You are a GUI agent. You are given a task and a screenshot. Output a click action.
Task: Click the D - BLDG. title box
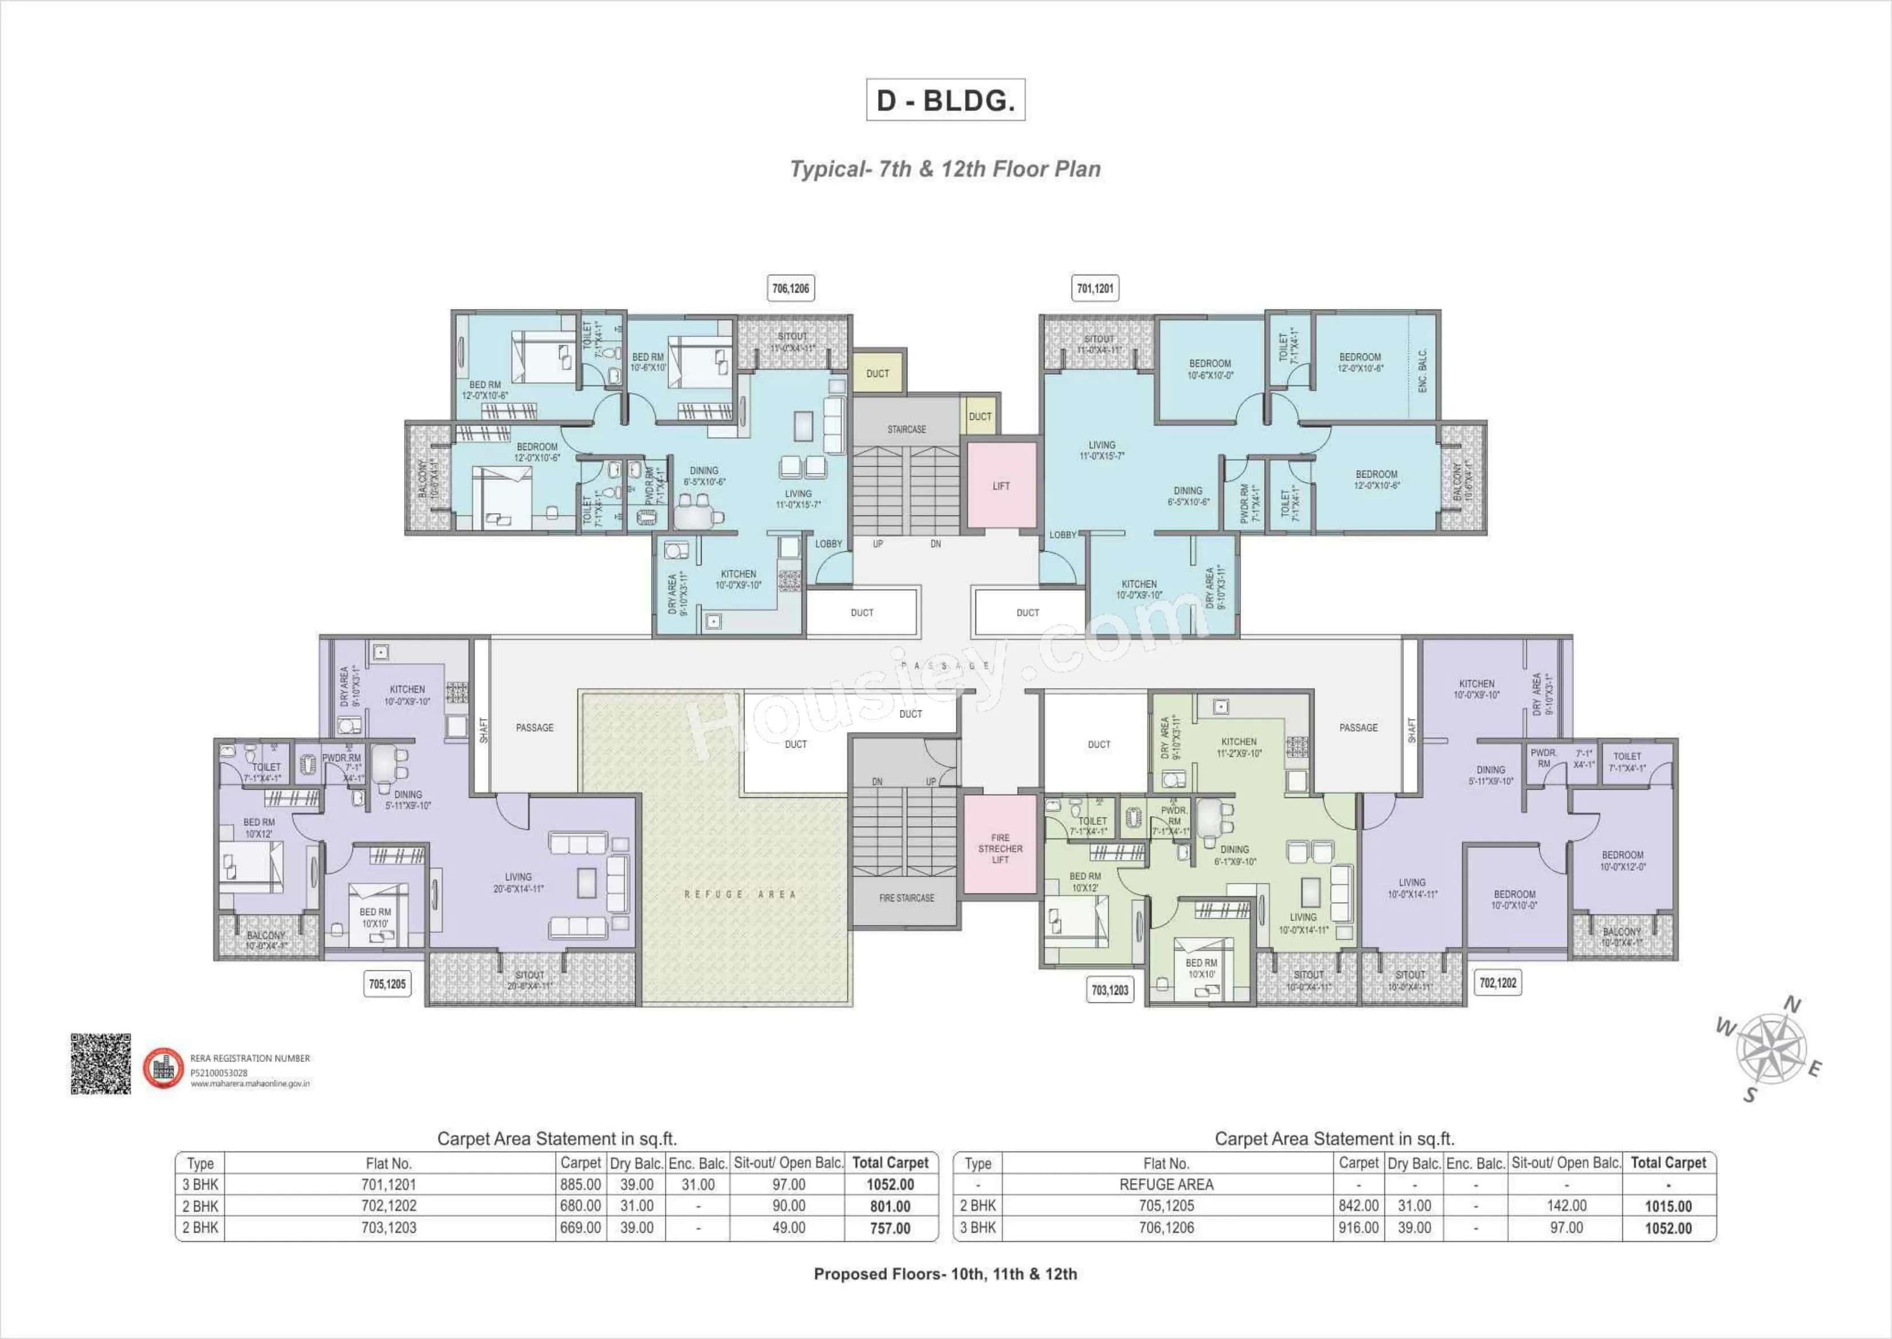click(945, 100)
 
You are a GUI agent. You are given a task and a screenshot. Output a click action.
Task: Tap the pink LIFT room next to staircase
click(1001, 486)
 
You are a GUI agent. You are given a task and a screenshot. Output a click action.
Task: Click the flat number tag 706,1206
click(790, 289)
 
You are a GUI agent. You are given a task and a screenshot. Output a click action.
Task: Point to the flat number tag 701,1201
click(1095, 289)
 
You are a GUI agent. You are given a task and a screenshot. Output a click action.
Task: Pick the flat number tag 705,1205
click(387, 984)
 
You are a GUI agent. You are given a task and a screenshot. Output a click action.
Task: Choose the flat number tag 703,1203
click(1109, 990)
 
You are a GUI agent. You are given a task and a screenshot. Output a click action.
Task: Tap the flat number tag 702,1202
click(1497, 983)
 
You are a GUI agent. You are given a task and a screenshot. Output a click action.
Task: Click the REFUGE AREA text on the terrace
click(739, 895)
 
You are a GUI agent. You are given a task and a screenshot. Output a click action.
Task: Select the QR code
click(101, 1064)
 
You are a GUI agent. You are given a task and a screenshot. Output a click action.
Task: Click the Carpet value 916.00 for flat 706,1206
click(1358, 1227)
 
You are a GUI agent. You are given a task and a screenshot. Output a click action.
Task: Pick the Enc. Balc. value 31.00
click(698, 1185)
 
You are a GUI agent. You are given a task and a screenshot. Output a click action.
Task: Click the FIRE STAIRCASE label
click(906, 898)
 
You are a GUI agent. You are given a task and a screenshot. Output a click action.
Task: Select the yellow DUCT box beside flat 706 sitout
click(878, 374)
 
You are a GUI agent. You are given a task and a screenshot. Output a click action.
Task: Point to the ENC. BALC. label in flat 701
click(1423, 371)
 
